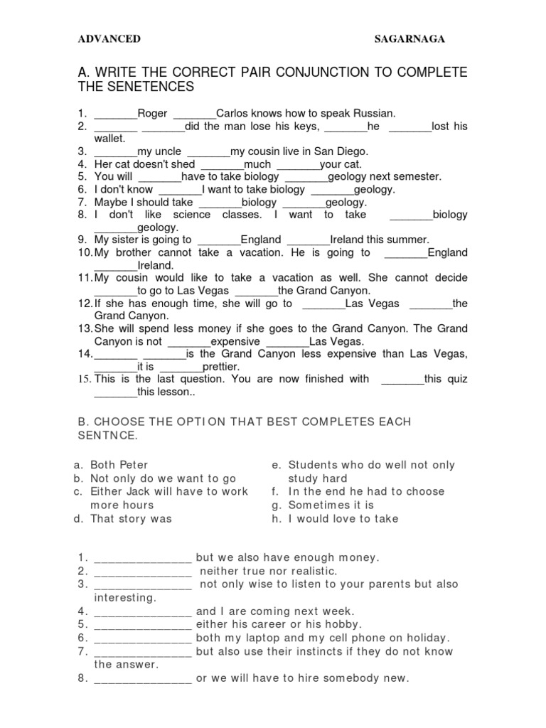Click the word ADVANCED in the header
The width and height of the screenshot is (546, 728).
click(x=109, y=39)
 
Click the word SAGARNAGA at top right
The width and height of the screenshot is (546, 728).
click(x=409, y=39)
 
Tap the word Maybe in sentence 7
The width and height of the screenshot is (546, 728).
click(x=112, y=202)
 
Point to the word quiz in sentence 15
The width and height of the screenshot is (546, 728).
click(x=456, y=379)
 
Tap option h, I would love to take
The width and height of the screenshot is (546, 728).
click(x=343, y=518)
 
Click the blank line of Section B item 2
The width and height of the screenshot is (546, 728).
click(x=143, y=571)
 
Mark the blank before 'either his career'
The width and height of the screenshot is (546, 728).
click(x=143, y=624)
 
